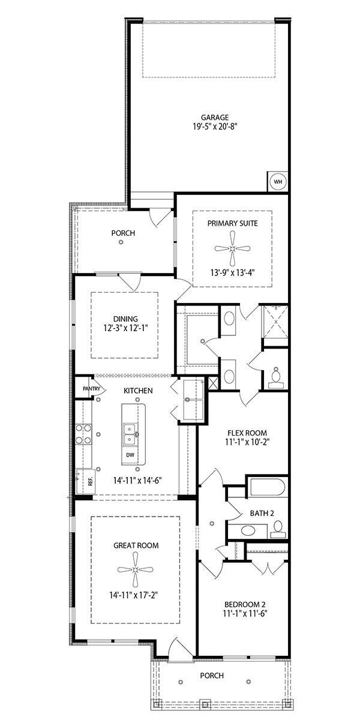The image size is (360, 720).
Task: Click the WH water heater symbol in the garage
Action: (277, 181)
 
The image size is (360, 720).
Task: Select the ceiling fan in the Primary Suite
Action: (232, 248)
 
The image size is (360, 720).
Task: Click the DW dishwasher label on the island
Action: (130, 455)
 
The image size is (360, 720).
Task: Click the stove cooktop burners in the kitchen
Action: (83, 434)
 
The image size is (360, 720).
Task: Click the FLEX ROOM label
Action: (247, 433)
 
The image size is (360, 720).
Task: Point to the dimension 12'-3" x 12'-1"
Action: (125, 329)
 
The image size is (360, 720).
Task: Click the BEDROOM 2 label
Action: (245, 604)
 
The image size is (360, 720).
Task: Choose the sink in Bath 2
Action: (247, 530)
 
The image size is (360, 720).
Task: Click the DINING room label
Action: (125, 319)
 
